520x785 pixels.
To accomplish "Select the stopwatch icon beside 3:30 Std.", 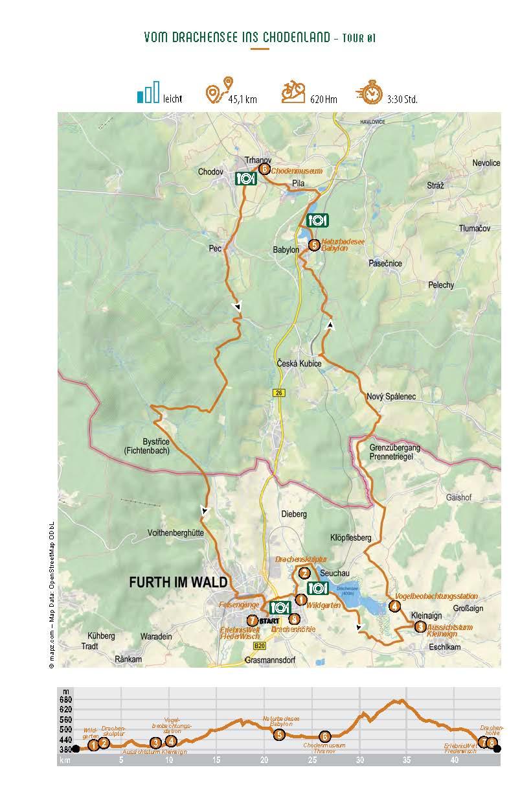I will click(370, 95).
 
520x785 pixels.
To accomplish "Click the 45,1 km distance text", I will click(242, 99).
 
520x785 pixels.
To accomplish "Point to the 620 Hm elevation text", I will click(323, 99).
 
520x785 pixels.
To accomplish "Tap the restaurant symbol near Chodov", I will click(244, 178).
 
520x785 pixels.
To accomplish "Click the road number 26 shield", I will click(278, 392).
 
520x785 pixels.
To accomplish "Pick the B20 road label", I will click(260, 647).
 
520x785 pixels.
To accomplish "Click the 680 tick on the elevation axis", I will click(65, 699).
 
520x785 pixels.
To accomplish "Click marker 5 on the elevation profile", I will click(278, 735).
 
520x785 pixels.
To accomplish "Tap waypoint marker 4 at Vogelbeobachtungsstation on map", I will click(394, 607).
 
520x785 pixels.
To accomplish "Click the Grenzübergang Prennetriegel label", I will click(394, 452).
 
